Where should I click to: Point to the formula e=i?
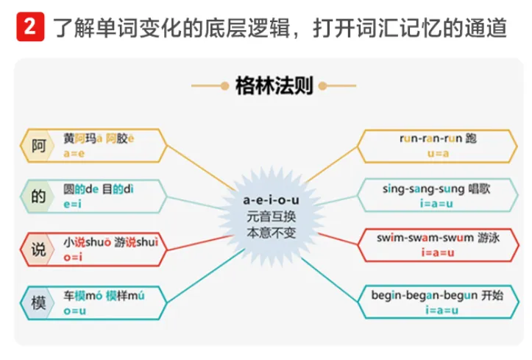coord(72,204)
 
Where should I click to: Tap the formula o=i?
coord(72,256)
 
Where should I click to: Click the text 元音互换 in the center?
coord(271,216)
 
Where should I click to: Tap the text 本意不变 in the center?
coord(271,233)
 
